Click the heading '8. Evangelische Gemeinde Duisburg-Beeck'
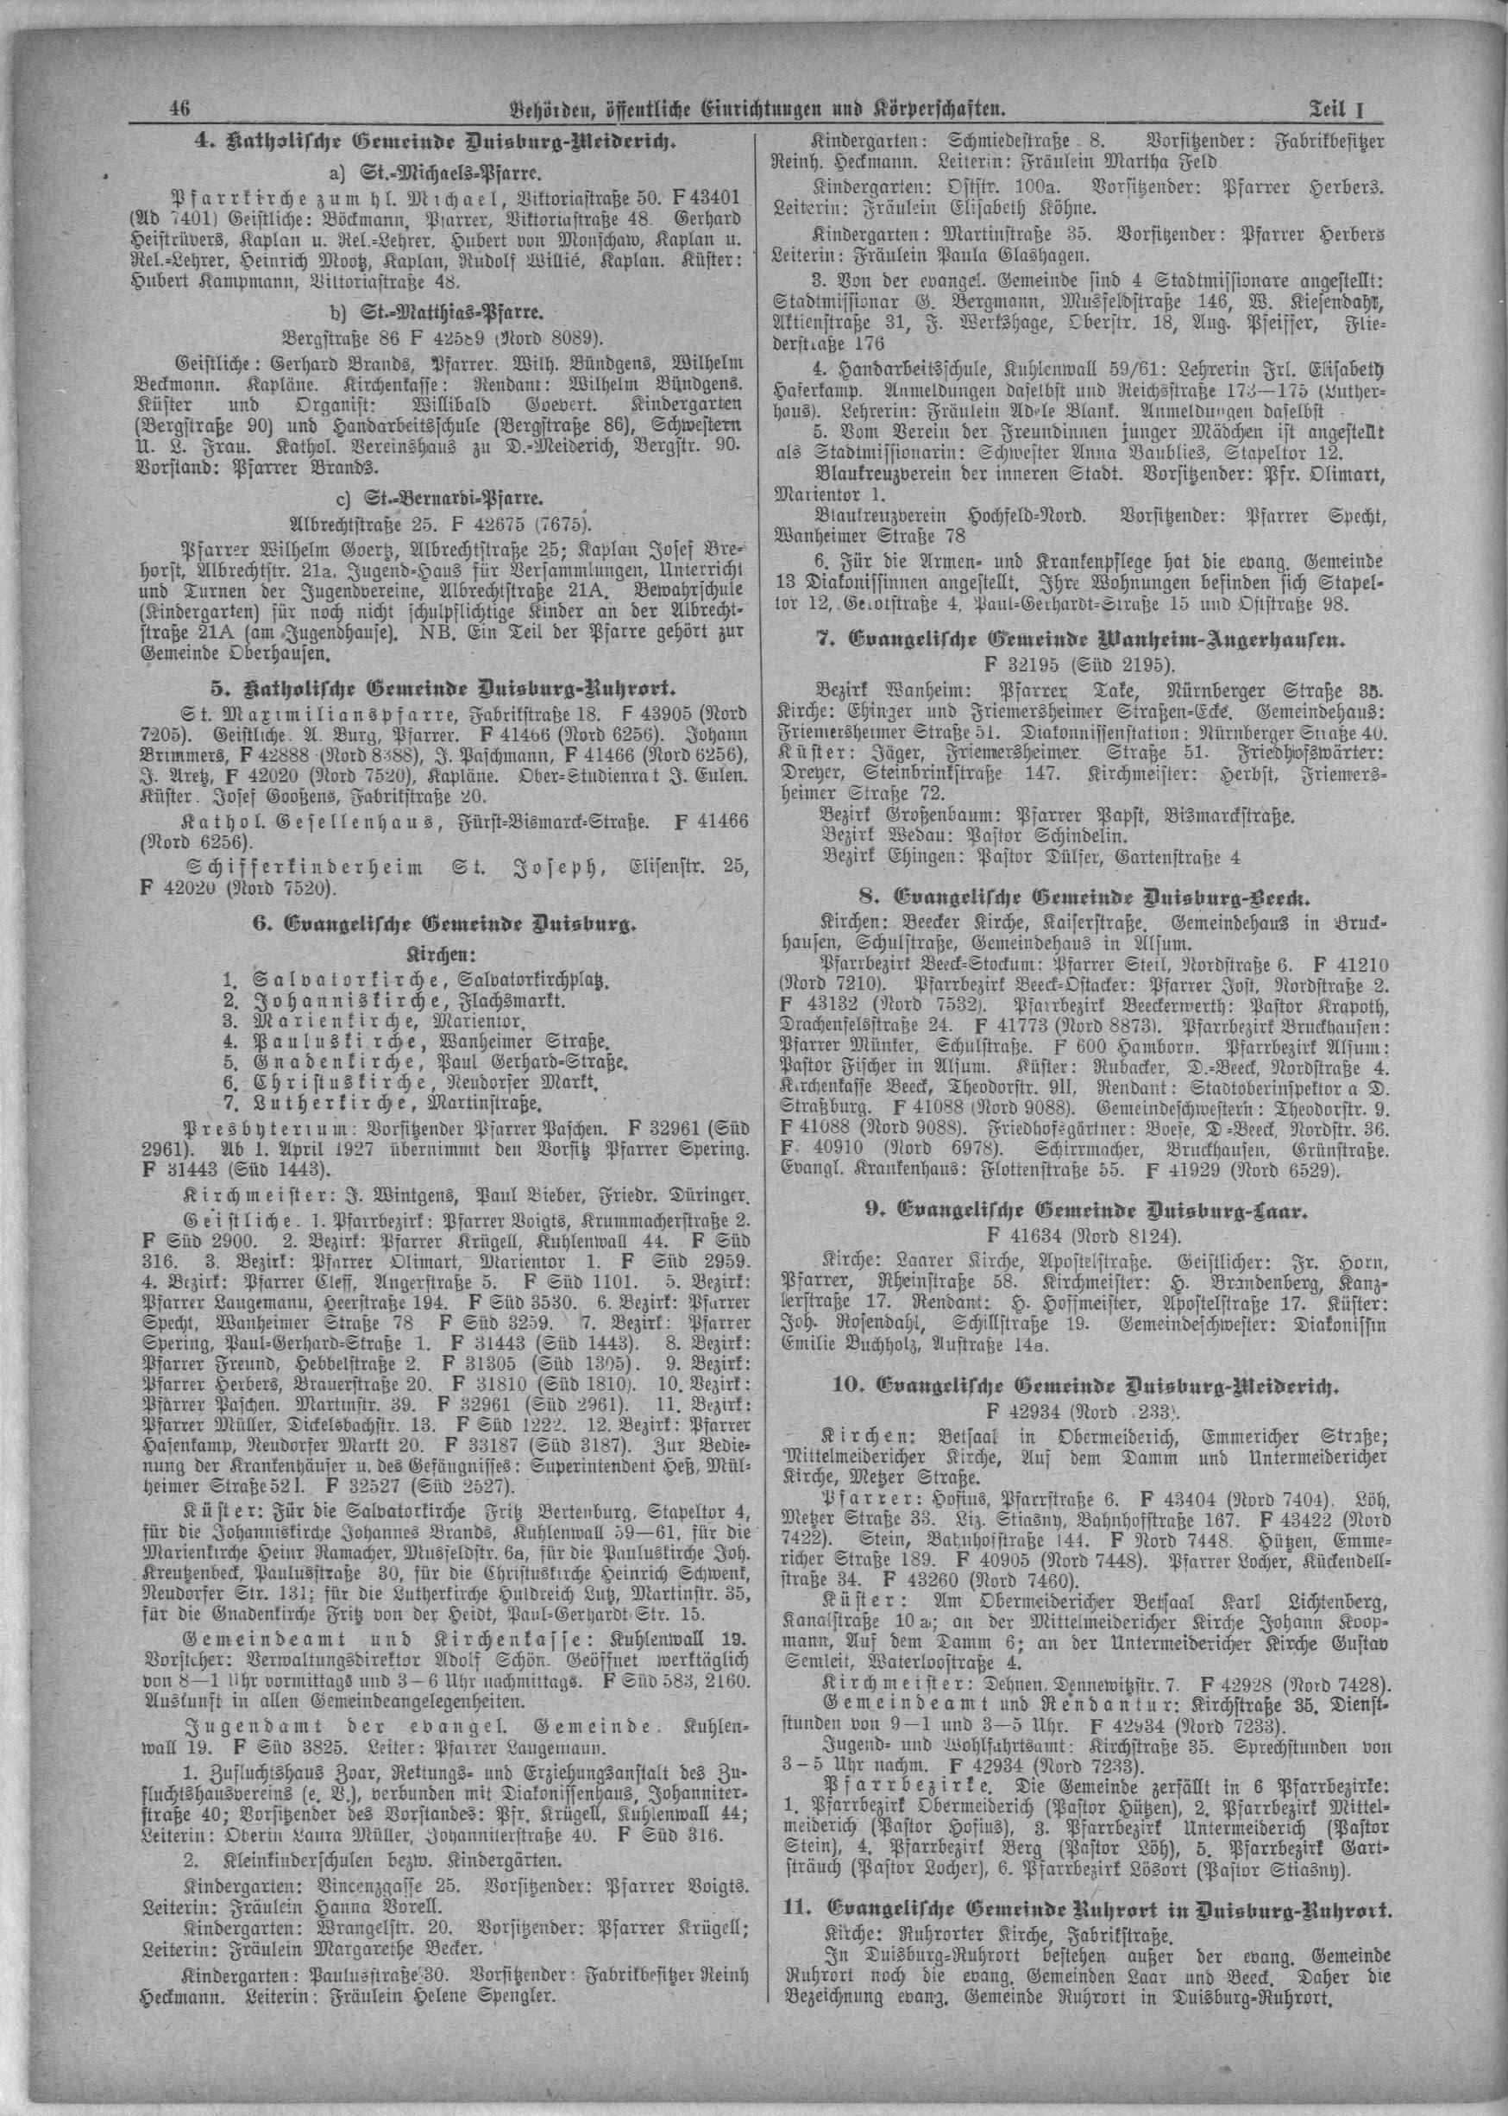pyautogui.click(x=1078, y=898)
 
